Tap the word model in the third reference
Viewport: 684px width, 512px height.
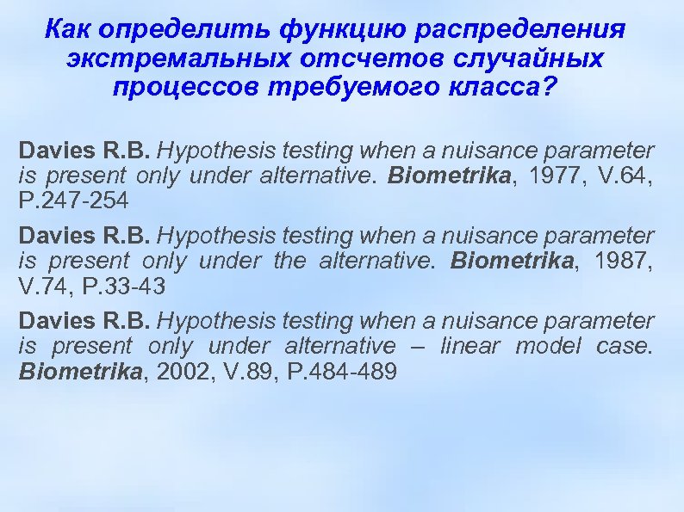547,346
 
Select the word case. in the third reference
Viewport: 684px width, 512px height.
625,346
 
